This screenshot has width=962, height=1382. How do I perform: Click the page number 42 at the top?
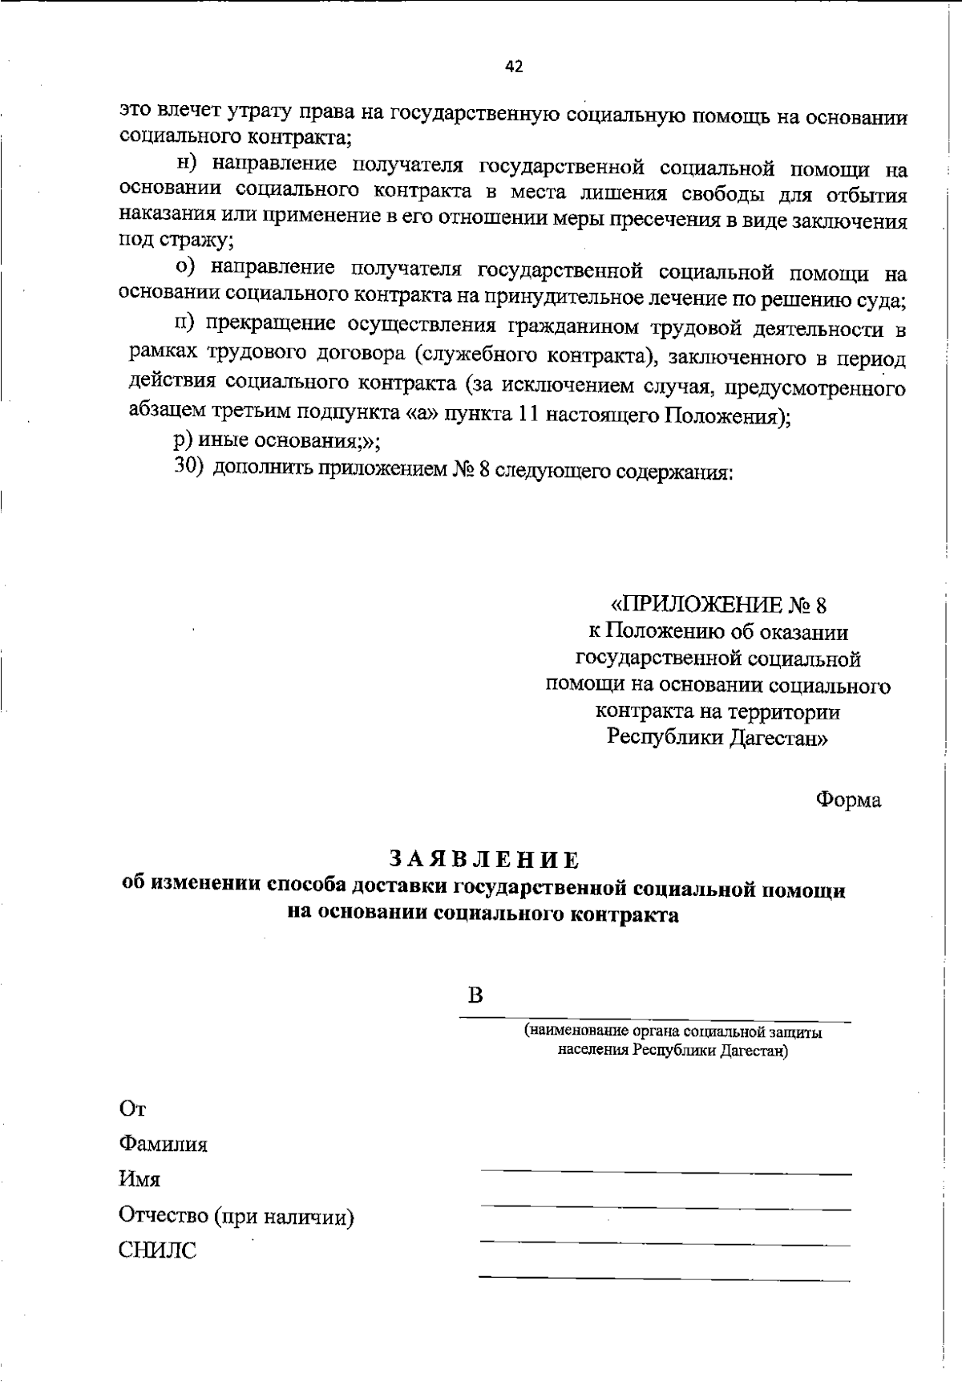pyautogui.click(x=514, y=67)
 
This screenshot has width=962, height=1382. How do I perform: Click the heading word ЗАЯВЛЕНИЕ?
pyautogui.click(x=484, y=859)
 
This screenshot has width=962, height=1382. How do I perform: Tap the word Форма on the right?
pyautogui.click(x=848, y=800)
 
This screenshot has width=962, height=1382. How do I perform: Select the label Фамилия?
pyautogui.click(x=163, y=1144)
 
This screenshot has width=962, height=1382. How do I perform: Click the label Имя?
pyautogui.click(x=139, y=1180)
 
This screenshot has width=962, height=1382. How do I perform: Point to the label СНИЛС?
pyautogui.click(x=157, y=1250)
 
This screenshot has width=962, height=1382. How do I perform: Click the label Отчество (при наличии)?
pyautogui.click(x=236, y=1216)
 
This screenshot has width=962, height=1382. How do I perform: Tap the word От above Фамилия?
pyautogui.click(x=132, y=1109)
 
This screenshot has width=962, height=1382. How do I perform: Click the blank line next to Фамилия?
pyautogui.click(x=665, y=1173)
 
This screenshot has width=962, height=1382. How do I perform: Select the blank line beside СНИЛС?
pyautogui.click(x=665, y=1277)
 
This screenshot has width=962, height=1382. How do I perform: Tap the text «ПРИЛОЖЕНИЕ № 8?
pyautogui.click(x=718, y=605)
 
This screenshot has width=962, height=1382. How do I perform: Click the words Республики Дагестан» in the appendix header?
pyautogui.click(x=717, y=737)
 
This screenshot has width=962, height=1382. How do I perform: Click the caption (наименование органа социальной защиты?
pyautogui.click(x=673, y=1032)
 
